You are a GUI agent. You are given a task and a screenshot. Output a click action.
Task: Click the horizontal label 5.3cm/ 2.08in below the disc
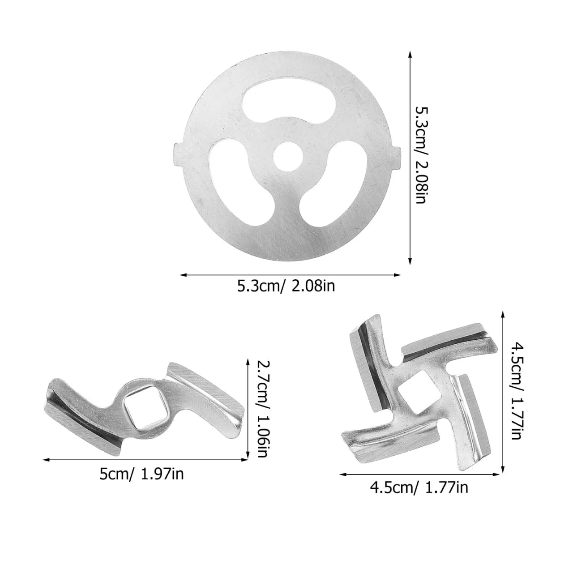coord(286,286)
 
